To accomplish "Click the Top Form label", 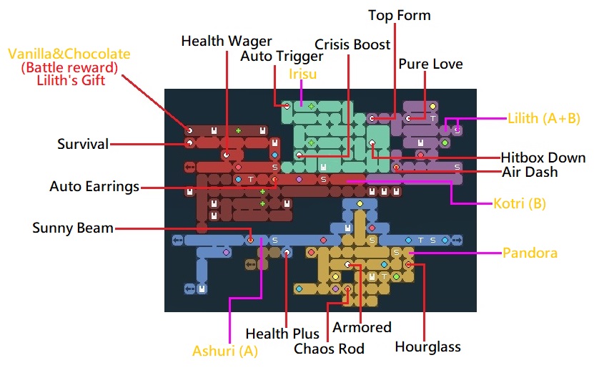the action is click(400, 15).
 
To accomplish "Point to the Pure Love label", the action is click(430, 64).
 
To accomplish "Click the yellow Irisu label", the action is click(302, 74).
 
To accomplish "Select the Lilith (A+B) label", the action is click(544, 118).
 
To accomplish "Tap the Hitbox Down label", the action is click(543, 158).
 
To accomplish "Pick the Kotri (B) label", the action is click(520, 203).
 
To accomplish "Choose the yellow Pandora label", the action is click(530, 253).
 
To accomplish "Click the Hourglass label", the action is click(428, 347).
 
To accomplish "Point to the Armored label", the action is click(362, 327).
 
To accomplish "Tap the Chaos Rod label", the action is click(330, 349).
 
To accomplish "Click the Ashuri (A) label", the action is click(225, 352).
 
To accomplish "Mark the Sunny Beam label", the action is click(73, 228).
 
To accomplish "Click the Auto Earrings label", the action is click(94, 187).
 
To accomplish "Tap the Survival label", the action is click(83, 144).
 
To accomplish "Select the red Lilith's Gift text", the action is click(70, 80).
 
